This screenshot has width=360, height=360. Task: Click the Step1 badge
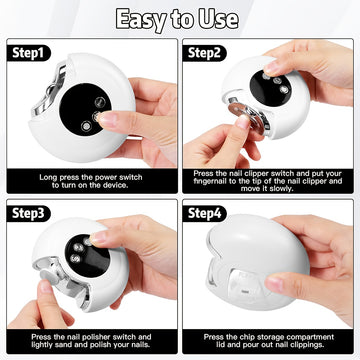pos(28,53)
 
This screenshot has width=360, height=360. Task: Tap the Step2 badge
pos(204,53)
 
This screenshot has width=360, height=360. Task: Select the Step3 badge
pos(28,214)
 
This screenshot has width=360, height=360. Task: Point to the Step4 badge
pos(204,214)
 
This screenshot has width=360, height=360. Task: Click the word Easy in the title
pos(141,19)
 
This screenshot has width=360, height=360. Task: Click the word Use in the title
pos(219,19)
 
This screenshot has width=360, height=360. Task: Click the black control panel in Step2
pos(270,86)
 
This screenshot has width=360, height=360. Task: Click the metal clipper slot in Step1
pos(49,90)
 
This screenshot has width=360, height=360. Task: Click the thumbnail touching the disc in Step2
pos(243,122)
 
